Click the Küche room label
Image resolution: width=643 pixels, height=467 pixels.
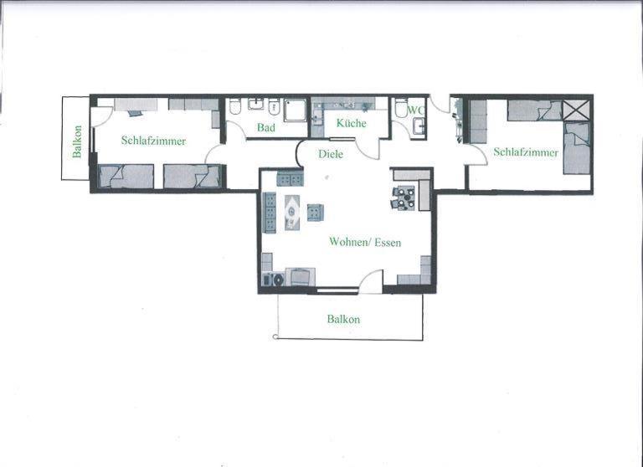[x=351, y=122]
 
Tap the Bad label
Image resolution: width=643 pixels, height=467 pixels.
[x=266, y=127]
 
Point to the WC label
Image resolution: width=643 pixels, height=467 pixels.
[x=416, y=110]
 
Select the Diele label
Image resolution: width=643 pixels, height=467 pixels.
[x=331, y=154]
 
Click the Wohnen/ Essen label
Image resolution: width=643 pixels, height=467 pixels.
[x=365, y=242]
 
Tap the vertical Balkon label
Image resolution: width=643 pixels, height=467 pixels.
[x=77, y=141]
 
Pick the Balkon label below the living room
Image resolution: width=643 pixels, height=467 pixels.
[x=343, y=319]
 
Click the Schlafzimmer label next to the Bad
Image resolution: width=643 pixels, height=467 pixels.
[x=153, y=141]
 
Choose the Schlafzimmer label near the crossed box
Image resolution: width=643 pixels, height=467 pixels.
[x=526, y=152]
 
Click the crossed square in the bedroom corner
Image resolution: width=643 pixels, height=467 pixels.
[x=576, y=110]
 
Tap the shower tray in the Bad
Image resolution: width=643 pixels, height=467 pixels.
[x=295, y=110]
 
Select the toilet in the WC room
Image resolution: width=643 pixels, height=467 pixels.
[x=400, y=108]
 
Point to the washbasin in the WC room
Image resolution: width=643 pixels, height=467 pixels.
[x=420, y=126]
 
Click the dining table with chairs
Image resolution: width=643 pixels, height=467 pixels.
[x=404, y=198]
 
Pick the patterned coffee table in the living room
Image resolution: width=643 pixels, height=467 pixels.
[x=292, y=213]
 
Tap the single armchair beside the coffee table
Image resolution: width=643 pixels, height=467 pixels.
[x=316, y=213]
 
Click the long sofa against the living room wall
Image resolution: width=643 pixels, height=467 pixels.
[x=270, y=213]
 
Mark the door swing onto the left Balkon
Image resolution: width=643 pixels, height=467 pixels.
[x=100, y=116]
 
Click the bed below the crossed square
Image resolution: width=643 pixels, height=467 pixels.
[x=577, y=147]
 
